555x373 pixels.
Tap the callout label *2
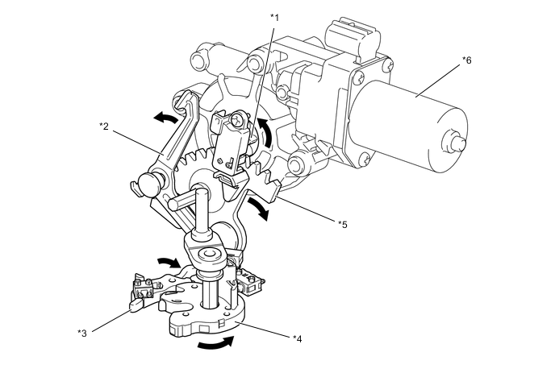pos(103,125)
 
